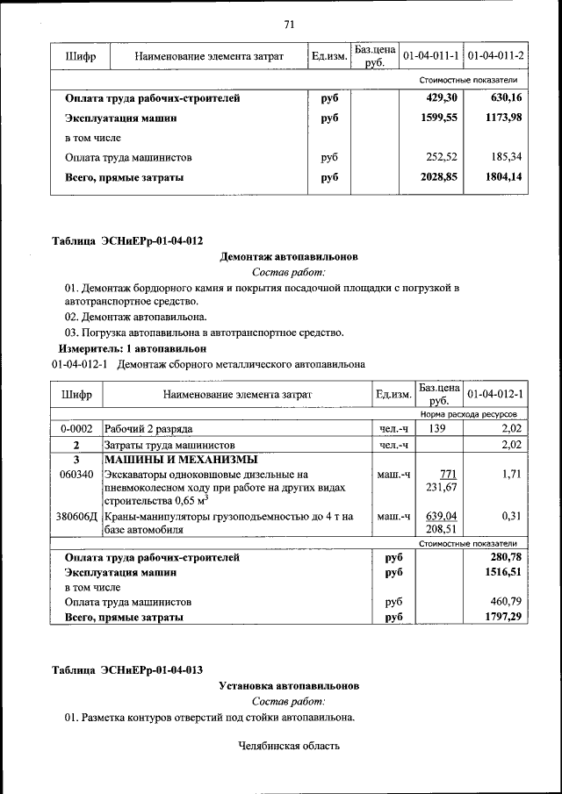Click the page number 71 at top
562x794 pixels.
click(288, 24)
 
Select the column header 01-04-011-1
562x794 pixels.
click(430, 57)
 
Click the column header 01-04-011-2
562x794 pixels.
click(496, 57)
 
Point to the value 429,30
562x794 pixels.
click(443, 98)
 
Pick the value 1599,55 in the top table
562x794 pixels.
click(440, 118)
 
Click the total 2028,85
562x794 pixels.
click(440, 177)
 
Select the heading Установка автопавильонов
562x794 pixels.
click(288, 685)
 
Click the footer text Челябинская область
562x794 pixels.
click(288, 747)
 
